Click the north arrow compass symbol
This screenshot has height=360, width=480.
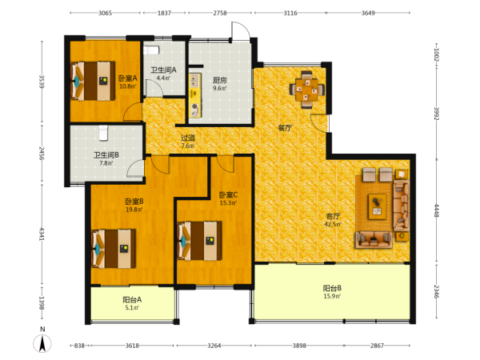42,343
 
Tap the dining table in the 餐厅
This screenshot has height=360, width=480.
306,90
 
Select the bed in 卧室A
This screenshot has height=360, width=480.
93,81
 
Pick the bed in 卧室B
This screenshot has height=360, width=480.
114,249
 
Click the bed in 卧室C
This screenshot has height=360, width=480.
200,241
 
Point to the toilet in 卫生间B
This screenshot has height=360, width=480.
103,133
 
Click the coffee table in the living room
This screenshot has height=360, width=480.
377,206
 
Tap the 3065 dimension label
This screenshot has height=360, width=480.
105,13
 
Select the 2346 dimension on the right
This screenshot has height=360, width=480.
437,292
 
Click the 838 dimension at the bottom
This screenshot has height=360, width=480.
79,346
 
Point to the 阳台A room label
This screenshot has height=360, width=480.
132,300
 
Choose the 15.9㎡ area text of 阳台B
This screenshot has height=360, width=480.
332,296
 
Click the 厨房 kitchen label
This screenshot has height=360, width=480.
220,80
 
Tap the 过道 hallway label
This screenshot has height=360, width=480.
188,138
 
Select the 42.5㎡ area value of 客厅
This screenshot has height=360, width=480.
333,224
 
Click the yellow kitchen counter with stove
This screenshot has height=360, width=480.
195,95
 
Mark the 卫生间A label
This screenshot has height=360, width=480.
163,70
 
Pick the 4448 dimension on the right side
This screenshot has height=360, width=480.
437,210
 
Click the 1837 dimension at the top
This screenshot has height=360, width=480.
164,13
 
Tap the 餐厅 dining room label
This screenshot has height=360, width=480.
285,128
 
